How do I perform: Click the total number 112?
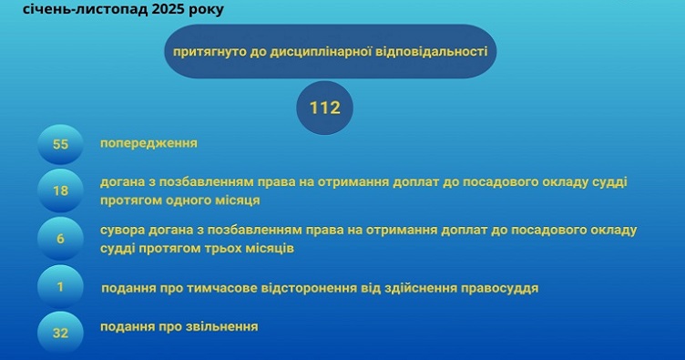click(x=324, y=108)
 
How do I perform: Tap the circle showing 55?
click(x=61, y=145)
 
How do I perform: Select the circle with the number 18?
click(x=61, y=190)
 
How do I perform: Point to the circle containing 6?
click(x=61, y=239)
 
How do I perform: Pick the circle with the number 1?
click(x=61, y=288)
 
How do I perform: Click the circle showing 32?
click(x=61, y=334)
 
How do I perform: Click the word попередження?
click(x=148, y=143)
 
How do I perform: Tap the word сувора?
click(x=122, y=229)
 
